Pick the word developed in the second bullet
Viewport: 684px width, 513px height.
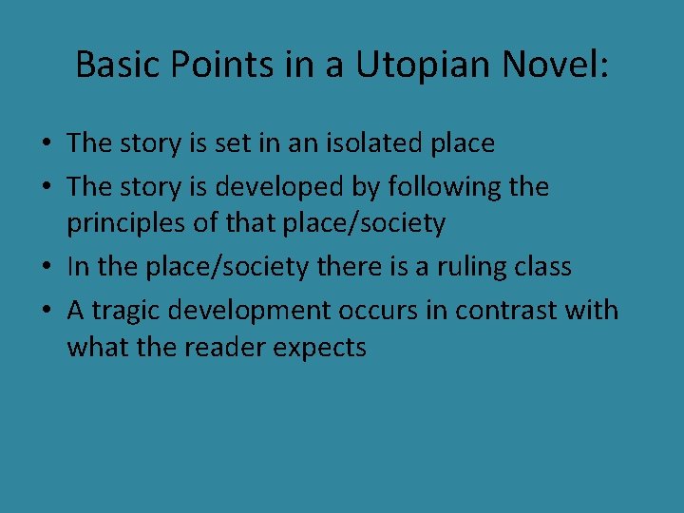(288, 186)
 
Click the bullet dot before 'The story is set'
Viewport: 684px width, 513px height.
(46, 144)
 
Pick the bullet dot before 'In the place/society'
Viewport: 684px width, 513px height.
(46, 268)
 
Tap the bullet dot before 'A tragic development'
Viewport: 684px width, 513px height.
(46, 311)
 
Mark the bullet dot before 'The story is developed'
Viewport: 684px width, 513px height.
(46, 187)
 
